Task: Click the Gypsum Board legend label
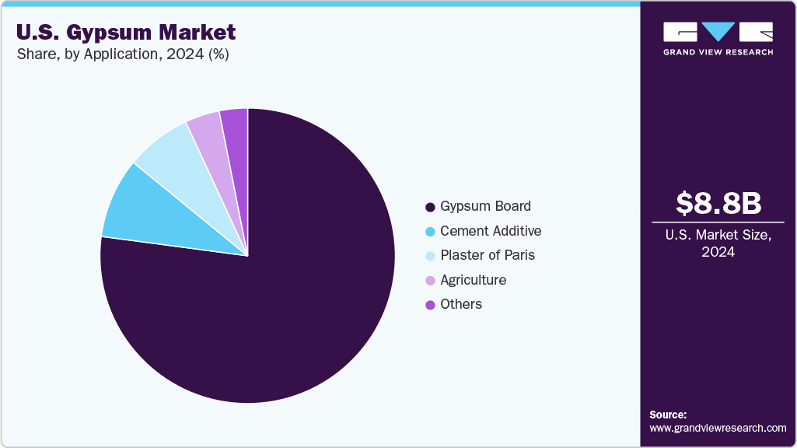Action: (486, 206)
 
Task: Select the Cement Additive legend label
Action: (491, 231)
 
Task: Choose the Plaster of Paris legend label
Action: (488, 255)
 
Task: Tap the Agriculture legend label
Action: (473, 280)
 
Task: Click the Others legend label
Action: (461, 304)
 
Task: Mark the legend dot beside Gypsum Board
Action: (430, 207)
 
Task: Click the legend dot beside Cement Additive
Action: (430, 232)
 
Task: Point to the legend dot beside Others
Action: (430, 305)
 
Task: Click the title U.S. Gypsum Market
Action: (125, 33)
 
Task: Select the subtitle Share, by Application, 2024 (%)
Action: (122, 54)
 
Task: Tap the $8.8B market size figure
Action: (718, 203)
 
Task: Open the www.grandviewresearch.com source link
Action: (718, 428)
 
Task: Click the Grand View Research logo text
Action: (718, 52)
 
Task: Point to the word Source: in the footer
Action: (668, 415)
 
